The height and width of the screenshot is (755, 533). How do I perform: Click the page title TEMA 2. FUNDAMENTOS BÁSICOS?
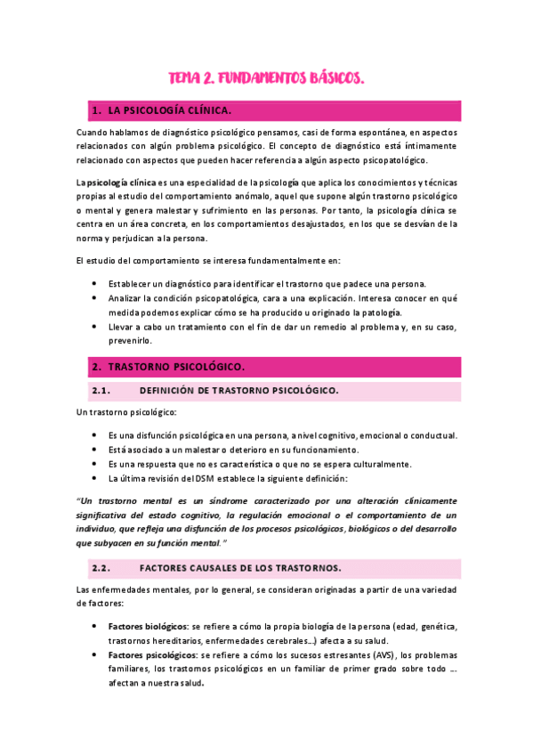[266, 79]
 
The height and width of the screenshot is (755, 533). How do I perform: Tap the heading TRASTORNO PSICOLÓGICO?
[175, 366]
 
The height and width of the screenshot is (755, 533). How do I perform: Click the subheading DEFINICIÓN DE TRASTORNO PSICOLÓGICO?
[238, 391]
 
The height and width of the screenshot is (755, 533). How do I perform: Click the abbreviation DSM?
[198, 478]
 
